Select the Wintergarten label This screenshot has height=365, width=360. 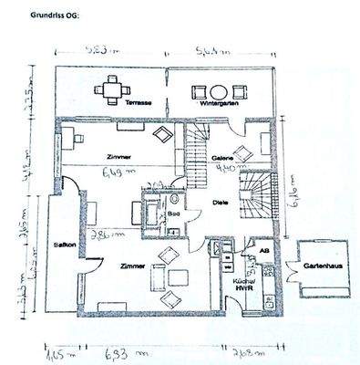[x=216, y=106]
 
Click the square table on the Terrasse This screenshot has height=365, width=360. [x=112, y=87]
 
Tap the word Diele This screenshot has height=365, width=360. [x=219, y=204]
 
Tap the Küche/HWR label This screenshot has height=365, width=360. [x=243, y=285]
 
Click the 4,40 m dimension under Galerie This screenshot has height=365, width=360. [x=230, y=168]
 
